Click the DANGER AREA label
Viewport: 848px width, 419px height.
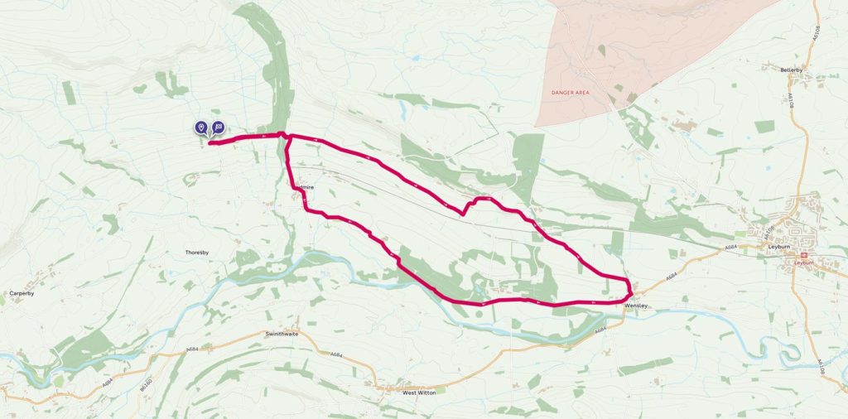pyautogui.click(x=574, y=92)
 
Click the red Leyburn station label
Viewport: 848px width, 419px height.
pyautogui.click(x=805, y=262)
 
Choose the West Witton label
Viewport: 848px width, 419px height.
pyautogui.click(x=419, y=393)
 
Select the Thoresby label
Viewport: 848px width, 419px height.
pyautogui.click(x=200, y=253)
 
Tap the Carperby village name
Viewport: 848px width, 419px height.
pyautogui.click(x=21, y=293)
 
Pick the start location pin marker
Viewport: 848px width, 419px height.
pyautogui.click(x=201, y=127)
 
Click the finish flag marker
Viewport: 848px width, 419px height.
pyautogui.click(x=218, y=127)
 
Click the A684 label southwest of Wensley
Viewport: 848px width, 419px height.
pyautogui.click(x=600, y=331)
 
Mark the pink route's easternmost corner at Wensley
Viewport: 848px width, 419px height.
pyautogui.click(x=632, y=291)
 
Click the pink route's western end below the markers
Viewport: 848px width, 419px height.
pyautogui.click(x=210, y=143)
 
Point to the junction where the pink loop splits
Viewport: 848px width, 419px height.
pyautogui.click(x=287, y=137)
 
